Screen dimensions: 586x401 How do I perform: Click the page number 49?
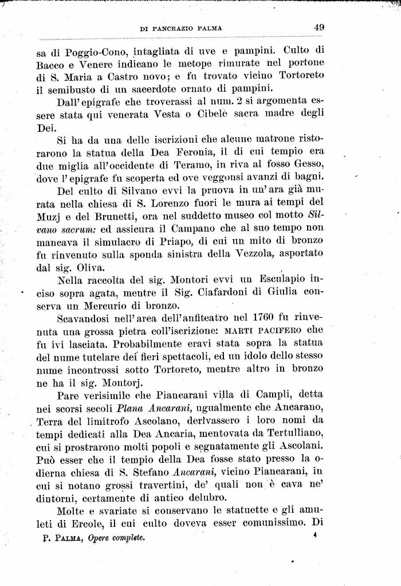click(319, 26)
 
